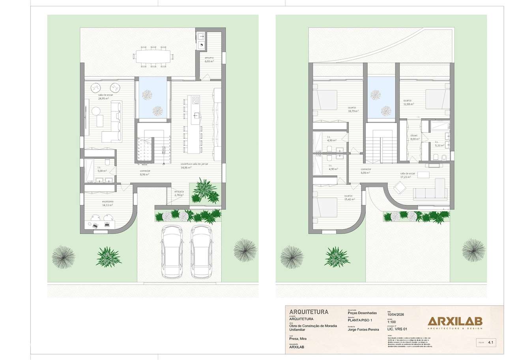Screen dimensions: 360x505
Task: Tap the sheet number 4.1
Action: [491, 343]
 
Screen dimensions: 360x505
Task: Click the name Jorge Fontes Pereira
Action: [363, 330]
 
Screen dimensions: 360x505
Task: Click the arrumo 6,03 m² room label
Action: [209, 60]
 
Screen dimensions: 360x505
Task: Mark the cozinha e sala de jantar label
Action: [194, 166]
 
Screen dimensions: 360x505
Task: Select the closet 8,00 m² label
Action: [414, 137]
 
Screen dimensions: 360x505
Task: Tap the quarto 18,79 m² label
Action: [353, 109]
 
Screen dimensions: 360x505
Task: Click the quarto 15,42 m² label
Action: [349, 198]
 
